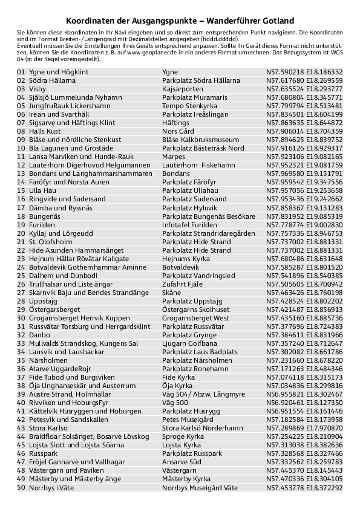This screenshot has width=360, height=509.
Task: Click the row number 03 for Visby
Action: click(x=21, y=89)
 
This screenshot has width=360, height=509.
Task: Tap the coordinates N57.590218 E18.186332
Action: click(x=304, y=72)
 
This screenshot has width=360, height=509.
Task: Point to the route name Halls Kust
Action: click(x=45, y=131)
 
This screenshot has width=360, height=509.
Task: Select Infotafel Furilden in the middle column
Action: click(x=189, y=224)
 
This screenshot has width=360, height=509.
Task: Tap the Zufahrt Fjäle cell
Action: click(x=182, y=284)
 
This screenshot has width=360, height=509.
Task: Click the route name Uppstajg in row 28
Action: click(x=43, y=300)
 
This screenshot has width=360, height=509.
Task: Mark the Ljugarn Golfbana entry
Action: click(x=189, y=343)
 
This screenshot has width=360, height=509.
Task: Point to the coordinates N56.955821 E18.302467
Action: click(x=304, y=394)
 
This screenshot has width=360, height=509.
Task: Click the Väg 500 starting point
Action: click(x=175, y=402)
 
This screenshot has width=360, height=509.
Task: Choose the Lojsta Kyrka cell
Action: click(x=182, y=444)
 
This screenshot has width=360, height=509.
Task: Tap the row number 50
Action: click(x=21, y=487)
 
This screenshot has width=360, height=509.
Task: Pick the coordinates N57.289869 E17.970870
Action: click(x=304, y=427)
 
